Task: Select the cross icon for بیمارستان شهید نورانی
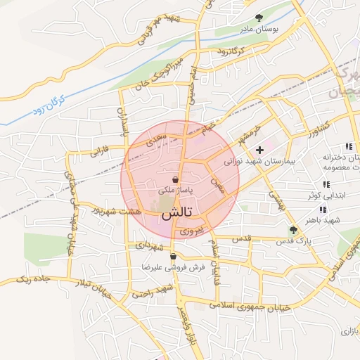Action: pos(259,149)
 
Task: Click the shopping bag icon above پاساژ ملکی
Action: pos(175,179)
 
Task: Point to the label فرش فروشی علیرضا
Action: pos(172,268)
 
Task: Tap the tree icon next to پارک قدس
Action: pos(293,229)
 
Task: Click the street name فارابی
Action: pos(96,150)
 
